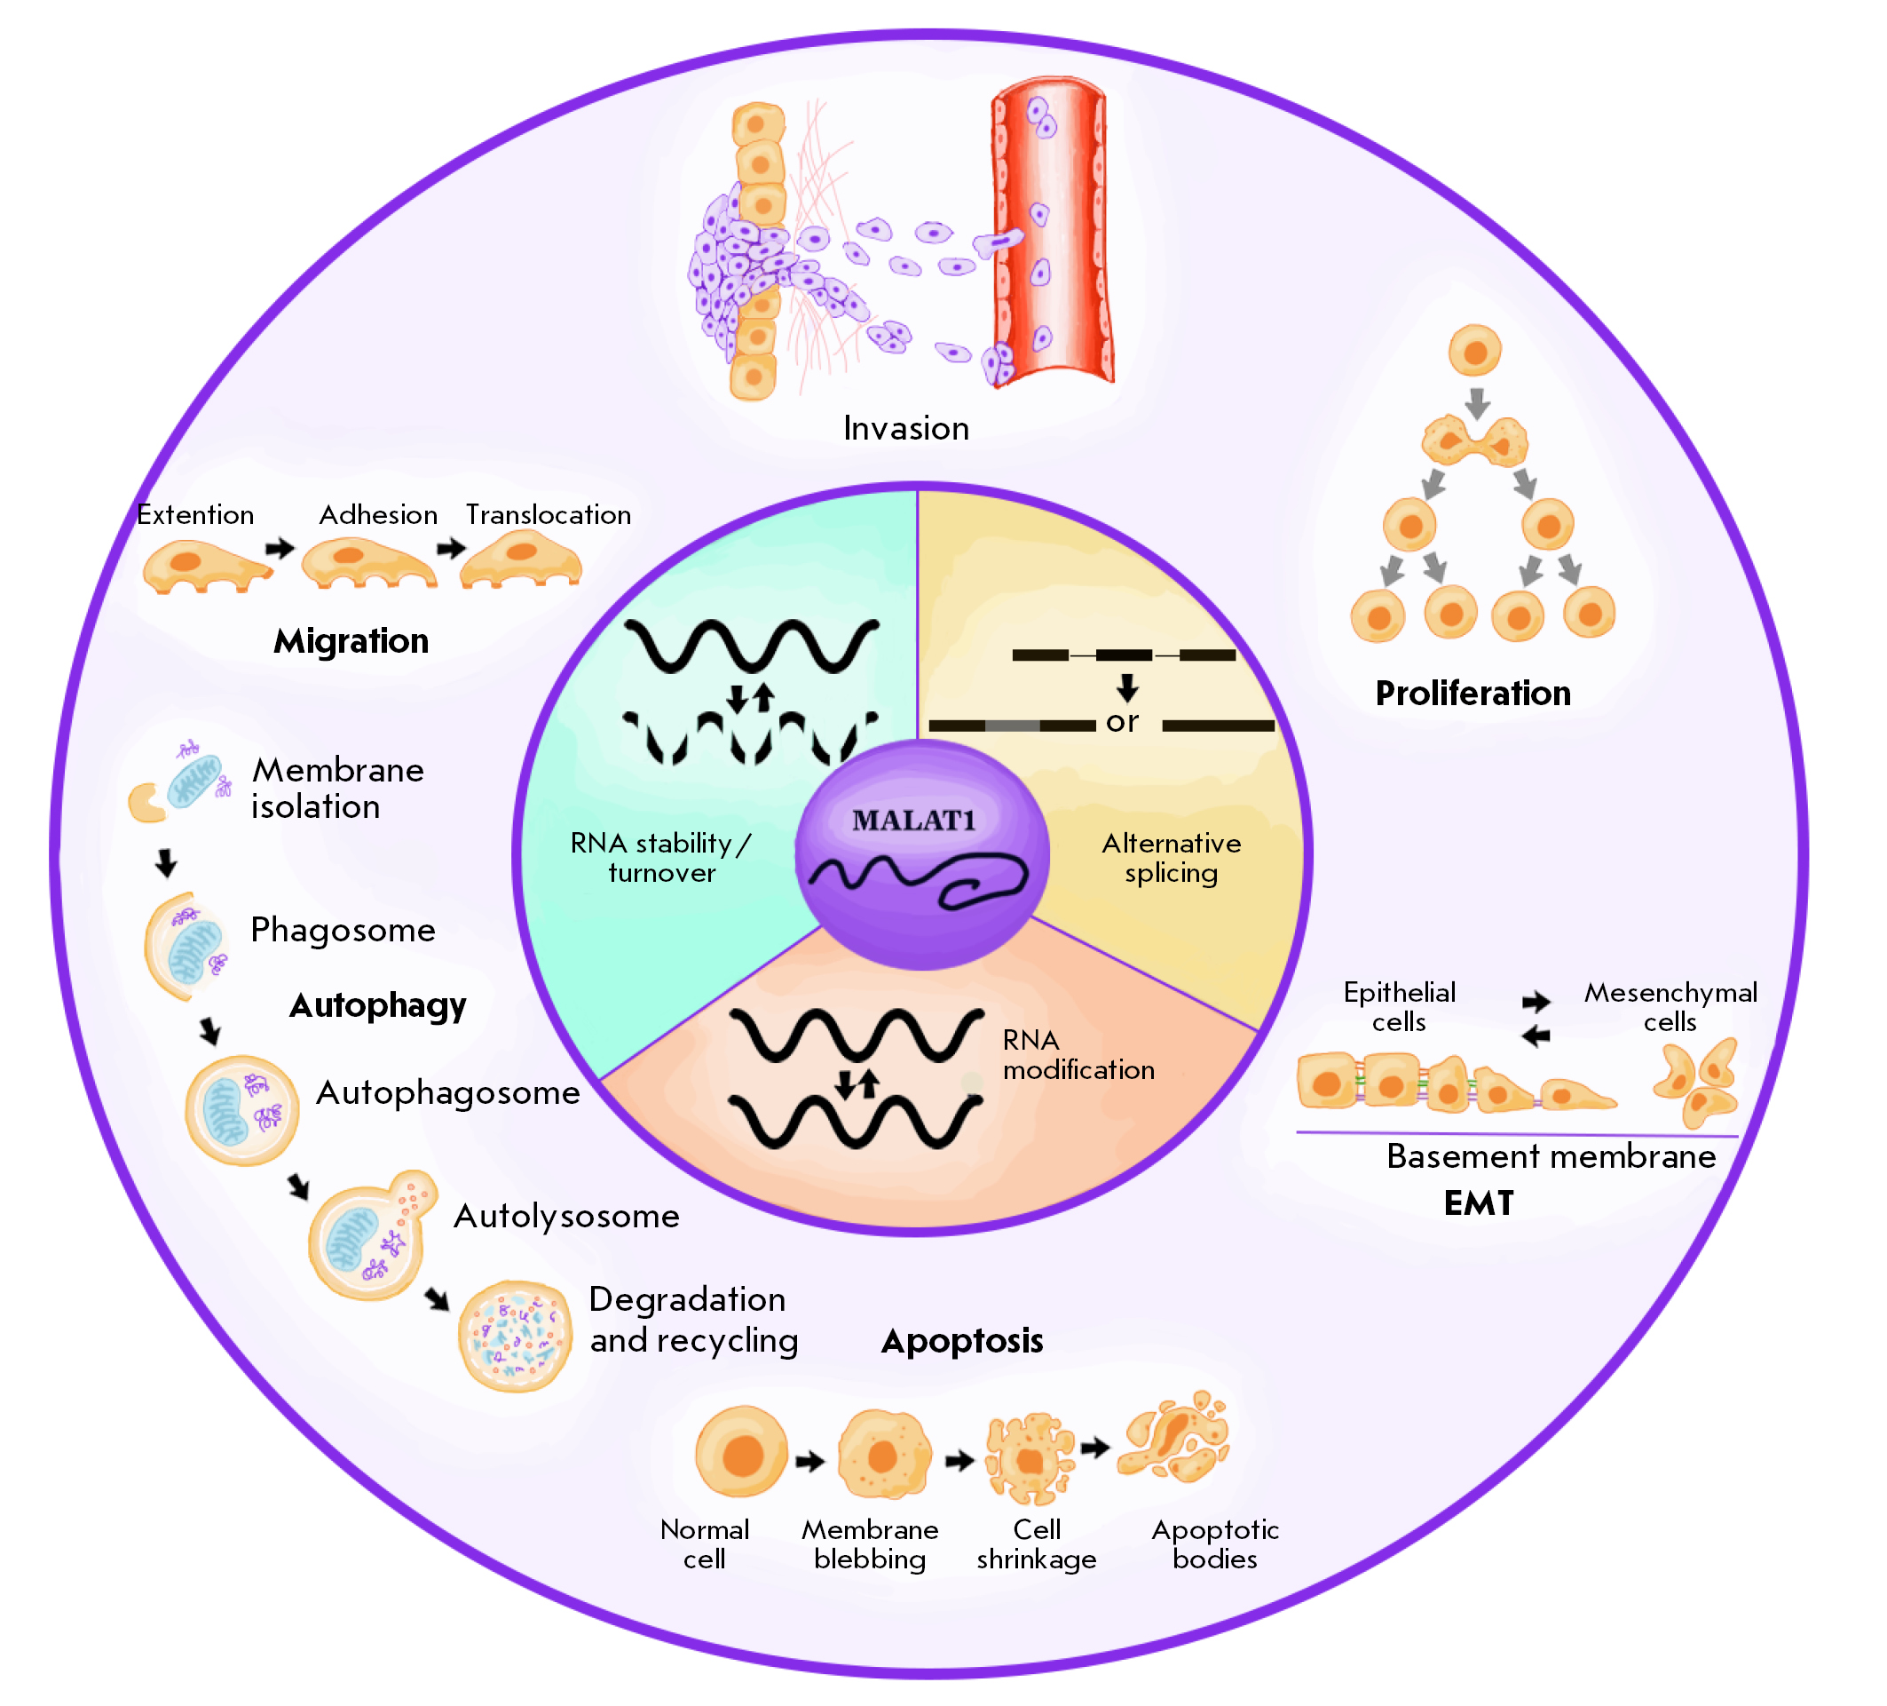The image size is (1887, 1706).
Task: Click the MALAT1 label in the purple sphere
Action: tap(914, 821)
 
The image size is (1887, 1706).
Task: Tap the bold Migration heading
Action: tap(351, 641)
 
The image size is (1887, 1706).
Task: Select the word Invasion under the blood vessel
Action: tap(906, 429)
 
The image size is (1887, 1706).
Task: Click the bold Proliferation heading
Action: tap(1473, 694)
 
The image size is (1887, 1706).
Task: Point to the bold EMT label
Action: tap(1479, 1203)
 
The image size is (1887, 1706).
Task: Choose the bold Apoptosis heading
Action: tap(962, 1341)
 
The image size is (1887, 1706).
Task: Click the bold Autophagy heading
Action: tap(377, 1005)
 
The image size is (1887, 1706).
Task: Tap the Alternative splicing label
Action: tap(1171, 858)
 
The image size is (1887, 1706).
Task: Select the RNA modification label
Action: tap(1078, 1055)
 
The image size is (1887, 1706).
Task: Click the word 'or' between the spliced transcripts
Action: tap(1122, 722)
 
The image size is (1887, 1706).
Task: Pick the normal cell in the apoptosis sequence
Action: tap(741, 1451)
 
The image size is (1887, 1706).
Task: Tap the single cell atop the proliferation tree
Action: tap(1475, 351)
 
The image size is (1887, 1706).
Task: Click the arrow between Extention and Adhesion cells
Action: tap(279, 549)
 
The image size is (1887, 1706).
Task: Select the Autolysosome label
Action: tap(566, 1217)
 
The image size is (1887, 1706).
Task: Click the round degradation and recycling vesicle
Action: tap(514, 1337)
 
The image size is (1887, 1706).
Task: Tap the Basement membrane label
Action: tap(1551, 1157)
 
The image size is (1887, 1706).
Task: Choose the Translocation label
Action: tap(549, 515)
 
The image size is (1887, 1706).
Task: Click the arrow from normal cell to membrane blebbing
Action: tap(809, 1461)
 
